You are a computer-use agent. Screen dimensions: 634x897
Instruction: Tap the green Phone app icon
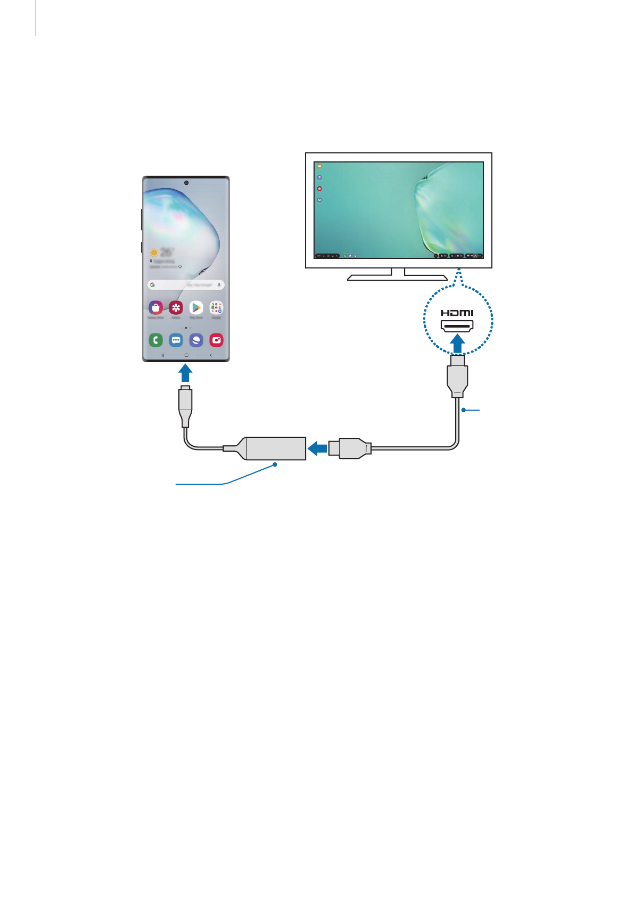(x=155, y=340)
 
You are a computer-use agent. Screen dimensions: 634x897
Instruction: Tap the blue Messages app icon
(x=176, y=340)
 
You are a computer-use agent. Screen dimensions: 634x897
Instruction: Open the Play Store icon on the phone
(x=196, y=307)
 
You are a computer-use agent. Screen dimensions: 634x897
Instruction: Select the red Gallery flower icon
(x=176, y=307)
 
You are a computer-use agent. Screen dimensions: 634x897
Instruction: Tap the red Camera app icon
(x=217, y=340)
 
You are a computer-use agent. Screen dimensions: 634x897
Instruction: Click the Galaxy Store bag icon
(x=155, y=307)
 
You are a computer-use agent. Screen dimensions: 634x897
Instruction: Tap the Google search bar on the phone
(x=186, y=285)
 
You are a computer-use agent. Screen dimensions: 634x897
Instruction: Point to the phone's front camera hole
(x=186, y=183)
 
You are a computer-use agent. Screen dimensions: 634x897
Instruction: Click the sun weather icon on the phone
(x=154, y=252)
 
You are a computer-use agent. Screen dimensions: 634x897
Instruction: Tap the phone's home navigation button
(x=186, y=355)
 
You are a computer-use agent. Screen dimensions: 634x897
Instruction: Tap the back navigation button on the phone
(x=211, y=355)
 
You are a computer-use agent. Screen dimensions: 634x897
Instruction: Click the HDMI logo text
(x=457, y=313)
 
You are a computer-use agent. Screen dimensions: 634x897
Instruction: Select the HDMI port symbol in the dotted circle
(x=457, y=325)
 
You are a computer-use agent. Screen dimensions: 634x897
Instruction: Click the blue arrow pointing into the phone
(x=185, y=372)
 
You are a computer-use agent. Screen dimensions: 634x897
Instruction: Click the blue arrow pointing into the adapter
(x=318, y=448)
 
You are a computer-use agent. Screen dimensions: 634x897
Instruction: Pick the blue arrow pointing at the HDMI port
(x=457, y=343)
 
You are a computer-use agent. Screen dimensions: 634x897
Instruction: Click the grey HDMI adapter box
(x=275, y=448)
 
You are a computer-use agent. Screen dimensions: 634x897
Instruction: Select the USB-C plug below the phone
(x=185, y=405)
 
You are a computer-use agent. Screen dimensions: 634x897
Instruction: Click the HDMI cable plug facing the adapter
(x=349, y=448)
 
